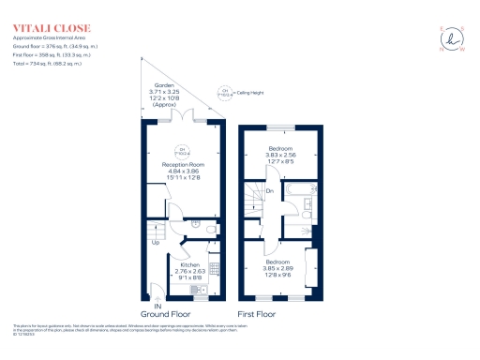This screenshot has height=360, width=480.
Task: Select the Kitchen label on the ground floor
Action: coord(191,265)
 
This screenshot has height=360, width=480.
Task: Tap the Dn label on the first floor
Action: coord(269,194)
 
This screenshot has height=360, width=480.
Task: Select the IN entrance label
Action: coord(157,307)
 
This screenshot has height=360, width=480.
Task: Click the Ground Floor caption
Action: coord(166,315)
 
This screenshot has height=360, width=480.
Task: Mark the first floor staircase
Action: coord(253,198)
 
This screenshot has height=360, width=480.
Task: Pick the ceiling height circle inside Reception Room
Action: coord(184,150)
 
